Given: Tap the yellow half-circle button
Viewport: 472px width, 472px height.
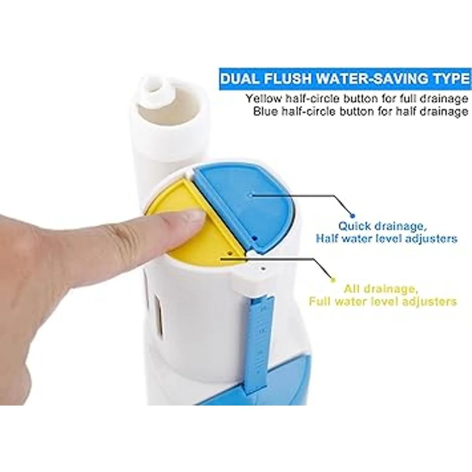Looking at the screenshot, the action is (196, 235).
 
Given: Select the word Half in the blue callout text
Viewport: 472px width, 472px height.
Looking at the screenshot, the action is (326, 238).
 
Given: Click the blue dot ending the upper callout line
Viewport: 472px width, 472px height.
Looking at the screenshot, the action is (353, 216).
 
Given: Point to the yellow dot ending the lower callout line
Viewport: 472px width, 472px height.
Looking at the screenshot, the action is (333, 280).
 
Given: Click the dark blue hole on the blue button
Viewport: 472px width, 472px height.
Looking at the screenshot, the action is (255, 238).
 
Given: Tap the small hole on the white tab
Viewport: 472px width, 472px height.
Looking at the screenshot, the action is (263, 268).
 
